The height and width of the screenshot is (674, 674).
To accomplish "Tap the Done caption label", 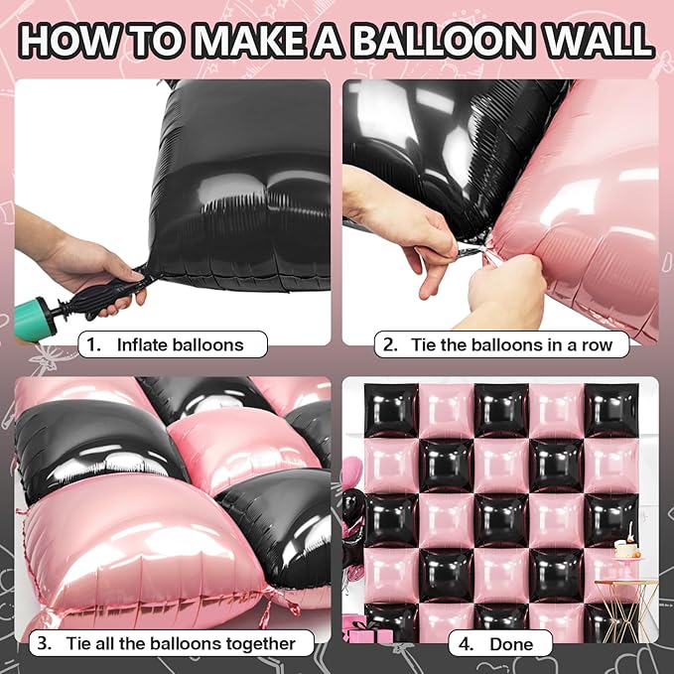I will pyautogui.click(x=510, y=643).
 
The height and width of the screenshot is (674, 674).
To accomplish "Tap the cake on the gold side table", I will pyautogui.click(x=626, y=548).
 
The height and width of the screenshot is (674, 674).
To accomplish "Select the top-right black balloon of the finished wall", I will pyautogui.click(x=609, y=410).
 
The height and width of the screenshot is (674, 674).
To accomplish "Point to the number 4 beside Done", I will pyautogui.click(x=466, y=643).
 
